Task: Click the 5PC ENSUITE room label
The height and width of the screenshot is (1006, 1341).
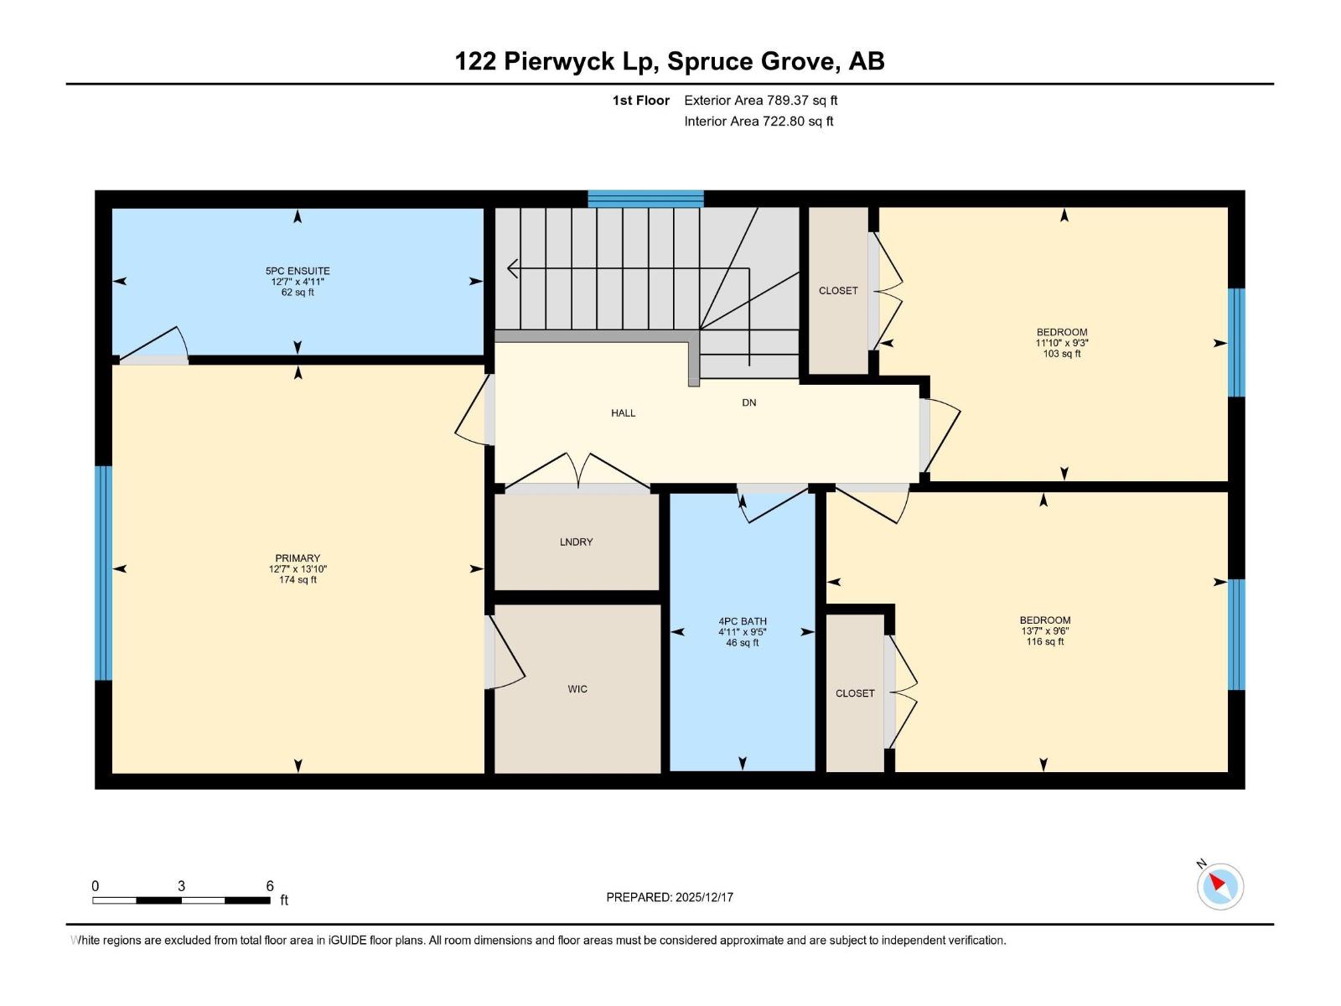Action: [298, 271]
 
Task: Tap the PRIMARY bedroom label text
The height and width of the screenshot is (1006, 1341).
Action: [298, 558]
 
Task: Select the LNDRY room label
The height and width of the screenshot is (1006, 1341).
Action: [576, 542]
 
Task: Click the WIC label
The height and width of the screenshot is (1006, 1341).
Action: [577, 689]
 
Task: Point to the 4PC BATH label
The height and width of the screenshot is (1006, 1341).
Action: [742, 622]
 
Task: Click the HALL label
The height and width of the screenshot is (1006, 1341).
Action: [623, 413]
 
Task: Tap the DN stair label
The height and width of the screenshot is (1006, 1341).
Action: [748, 402]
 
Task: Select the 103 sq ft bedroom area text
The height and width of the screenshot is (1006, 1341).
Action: [1061, 354]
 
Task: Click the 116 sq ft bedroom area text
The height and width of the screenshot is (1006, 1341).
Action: [1044, 642]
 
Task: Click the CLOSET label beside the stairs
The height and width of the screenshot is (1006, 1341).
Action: [838, 291]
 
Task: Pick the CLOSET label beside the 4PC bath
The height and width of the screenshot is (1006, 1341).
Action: [855, 693]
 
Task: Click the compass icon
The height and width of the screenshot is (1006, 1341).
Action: [1220, 886]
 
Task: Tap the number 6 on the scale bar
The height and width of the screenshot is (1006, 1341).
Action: [270, 886]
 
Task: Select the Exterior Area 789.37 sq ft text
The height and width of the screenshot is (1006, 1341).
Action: [760, 101]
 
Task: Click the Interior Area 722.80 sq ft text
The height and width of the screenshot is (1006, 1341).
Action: [759, 122]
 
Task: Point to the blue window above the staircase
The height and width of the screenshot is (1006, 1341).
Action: [645, 199]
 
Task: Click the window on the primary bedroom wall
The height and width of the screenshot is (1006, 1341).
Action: [103, 573]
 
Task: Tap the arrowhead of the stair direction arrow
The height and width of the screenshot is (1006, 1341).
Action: [511, 269]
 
